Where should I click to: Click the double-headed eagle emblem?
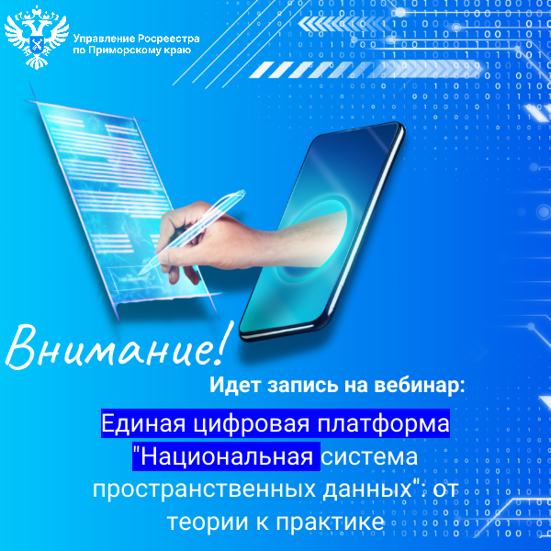(x=36, y=37)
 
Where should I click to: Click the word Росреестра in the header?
(x=167, y=39)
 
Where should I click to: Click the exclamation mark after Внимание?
(x=223, y=343)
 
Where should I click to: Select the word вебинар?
(x=420, y=385)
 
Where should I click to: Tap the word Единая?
(x=143, y=423)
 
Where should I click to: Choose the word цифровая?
(x=252, y=424)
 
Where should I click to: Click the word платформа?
(x=383, y=424)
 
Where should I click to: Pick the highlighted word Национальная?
(x=227, y=456)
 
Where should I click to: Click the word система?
(x=369, y=457)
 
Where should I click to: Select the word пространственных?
(x=204, y=489)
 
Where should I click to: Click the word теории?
(x=208, y=522)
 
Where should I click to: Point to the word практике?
(x=330, y=523)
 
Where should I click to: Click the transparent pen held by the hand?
(x=192, y=232)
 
